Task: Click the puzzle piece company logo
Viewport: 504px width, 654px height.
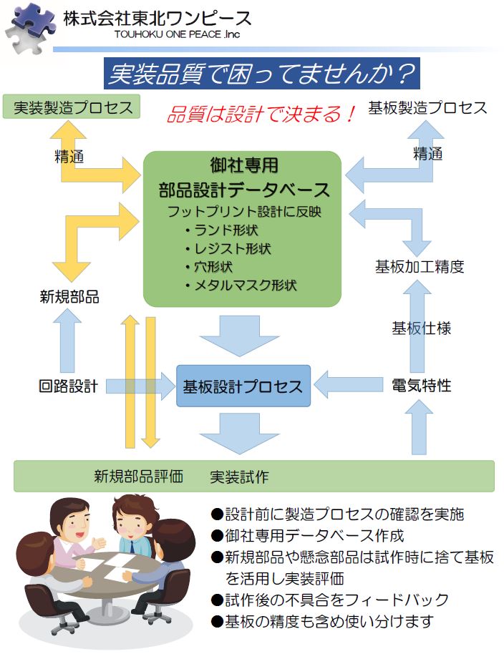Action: click(29, 26)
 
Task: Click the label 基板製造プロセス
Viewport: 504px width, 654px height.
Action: click(427, 108)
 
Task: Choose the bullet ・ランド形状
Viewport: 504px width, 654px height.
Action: click(220, 230)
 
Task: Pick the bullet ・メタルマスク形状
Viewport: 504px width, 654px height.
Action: click(239, 285)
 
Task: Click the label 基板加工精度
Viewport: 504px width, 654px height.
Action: click(420, 267)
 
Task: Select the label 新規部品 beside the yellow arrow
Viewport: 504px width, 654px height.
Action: click(69, 297)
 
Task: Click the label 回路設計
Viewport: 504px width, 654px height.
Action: click(68, 386)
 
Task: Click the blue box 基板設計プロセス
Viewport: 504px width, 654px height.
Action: click(243, 387)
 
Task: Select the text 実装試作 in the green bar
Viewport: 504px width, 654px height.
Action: click(240, 477)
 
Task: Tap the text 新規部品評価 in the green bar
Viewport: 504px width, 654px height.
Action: click(139, 477)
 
